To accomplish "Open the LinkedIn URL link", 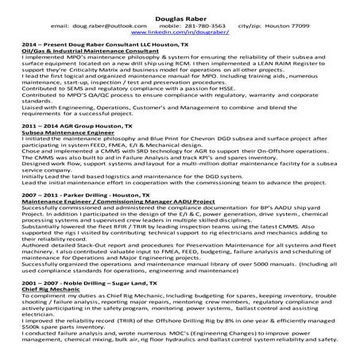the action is click(x=178, y=33).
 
